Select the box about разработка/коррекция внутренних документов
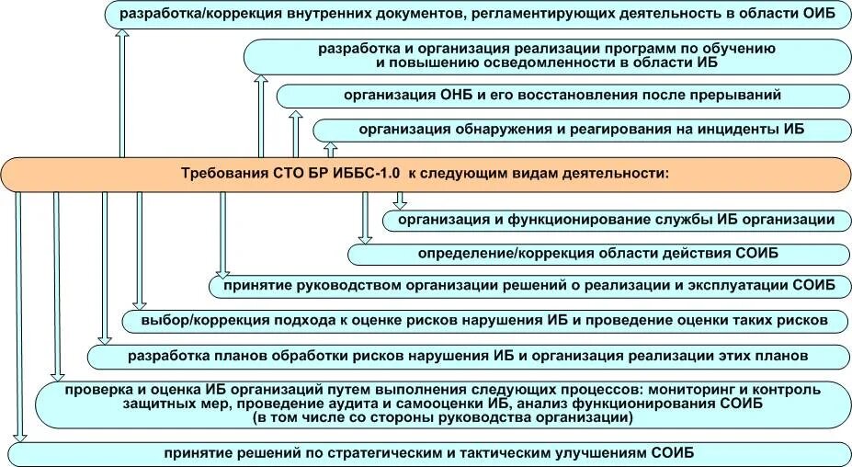[x=477, y=14]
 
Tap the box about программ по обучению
[x=546, y=55]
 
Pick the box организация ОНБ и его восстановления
[x=562, y=95]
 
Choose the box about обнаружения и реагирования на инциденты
[x=581, y=130]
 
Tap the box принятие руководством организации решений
[x=528, y=286]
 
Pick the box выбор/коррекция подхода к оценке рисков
[x=486, y=320]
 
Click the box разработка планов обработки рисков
[x=468, y=355]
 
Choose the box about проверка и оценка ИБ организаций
[x=441, y=404]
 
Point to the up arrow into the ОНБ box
[x=296, y=133]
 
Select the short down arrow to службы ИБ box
[x=400, y=199]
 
